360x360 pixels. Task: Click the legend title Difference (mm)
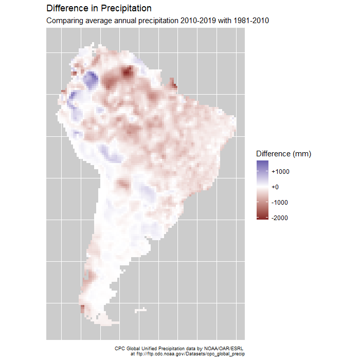tap(283, 154)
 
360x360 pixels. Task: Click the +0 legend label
tap(276, 187)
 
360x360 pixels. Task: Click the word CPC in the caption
tap(119, 348)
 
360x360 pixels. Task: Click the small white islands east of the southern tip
tap(140, 310)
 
